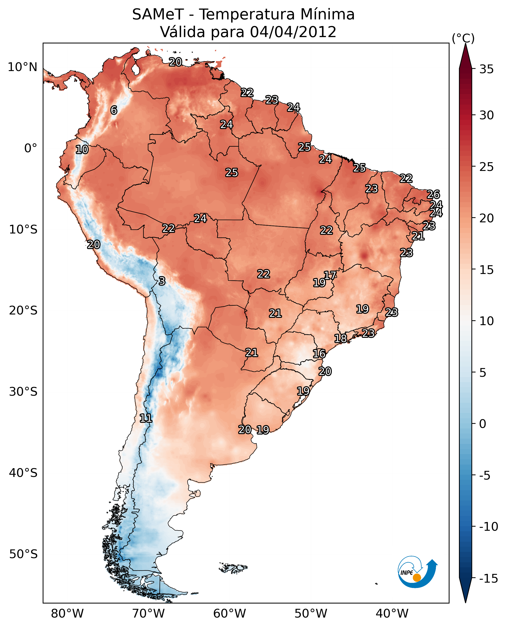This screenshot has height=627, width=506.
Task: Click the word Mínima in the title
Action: coord(327,15)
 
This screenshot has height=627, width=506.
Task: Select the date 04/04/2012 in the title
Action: coord(293,32)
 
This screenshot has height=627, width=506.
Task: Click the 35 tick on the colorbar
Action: coord(486,69)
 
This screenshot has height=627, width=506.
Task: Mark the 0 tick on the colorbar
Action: coord(483,424)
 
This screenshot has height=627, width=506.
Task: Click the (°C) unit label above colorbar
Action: coord(463,38)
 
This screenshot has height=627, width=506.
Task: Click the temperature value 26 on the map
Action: coord(433,194)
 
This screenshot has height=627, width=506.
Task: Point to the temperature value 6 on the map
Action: coord(114,110)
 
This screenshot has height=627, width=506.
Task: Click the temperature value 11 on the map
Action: coord(146,418)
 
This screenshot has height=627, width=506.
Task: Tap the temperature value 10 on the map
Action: coord(82,150)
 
